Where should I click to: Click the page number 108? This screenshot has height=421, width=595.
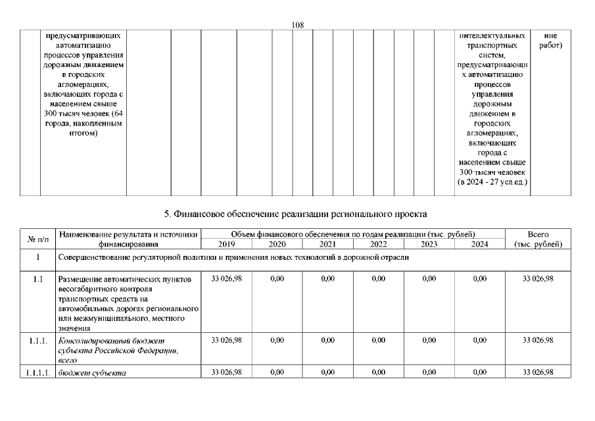[297, 25]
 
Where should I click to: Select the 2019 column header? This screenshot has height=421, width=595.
[226, 244]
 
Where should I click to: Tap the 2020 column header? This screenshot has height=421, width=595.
[277, 244]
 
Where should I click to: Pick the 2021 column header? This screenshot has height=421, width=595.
[327, 244]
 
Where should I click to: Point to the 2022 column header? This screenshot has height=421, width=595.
[378, 244]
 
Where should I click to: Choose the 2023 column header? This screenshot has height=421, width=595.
[429, 244]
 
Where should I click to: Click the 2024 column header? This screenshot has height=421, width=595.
[480, 244]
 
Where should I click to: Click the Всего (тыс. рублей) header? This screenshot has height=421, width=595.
[538, 239]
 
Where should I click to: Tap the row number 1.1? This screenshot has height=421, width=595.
[39, 280]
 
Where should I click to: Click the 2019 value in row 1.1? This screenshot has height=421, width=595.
[226, 280]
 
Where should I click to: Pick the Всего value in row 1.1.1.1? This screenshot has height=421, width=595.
[538, 373]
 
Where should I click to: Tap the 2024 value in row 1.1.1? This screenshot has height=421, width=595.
[480, 340]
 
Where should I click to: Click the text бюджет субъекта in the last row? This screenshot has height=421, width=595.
[92, 373]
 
